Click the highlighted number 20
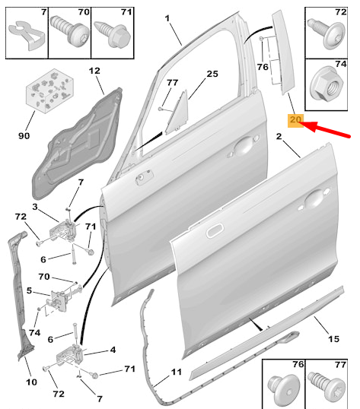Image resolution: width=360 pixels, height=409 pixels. [295, 120]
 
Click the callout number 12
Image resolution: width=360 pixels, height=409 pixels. [94, 71]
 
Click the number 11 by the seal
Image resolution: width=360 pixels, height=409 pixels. [176, 372]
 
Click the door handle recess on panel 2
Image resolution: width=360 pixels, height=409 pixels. [313, 201]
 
